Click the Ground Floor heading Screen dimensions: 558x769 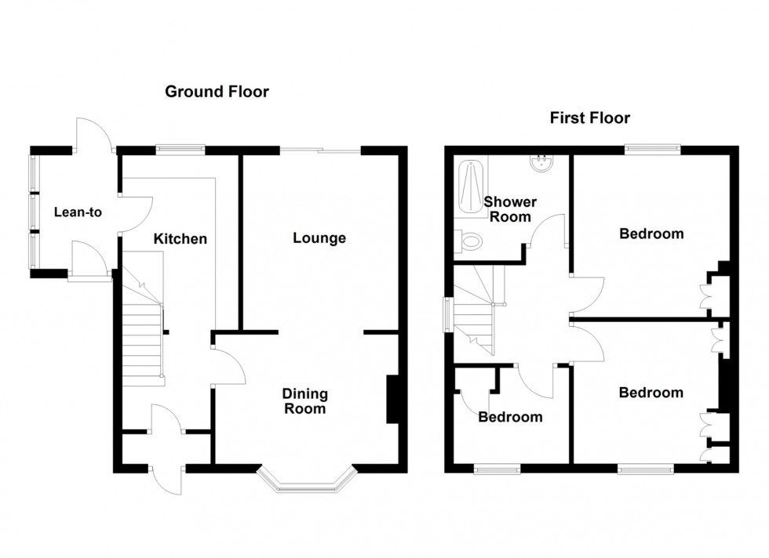pyautogui.click(x=217, y=92)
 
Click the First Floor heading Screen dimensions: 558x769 pyautogui.click(x=589, y=118)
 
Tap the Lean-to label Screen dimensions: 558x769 pyautogui.click(x=78, y=212)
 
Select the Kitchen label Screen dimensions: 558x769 pyautogui.click(x=180, y=238)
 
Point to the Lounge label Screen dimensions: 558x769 pyautogui.click(x=319, y=237)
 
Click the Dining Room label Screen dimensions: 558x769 pyautogui.click(x=305, y=401)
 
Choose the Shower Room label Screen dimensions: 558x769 pyautogui.click(x=509, y=209)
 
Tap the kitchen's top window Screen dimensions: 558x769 pyautogui.click(x=180, y=147)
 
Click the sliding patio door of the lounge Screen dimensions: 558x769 pyautogui.click(x=322, y=149)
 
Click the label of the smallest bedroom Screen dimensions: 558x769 pyautogui.click(x=510, y=417)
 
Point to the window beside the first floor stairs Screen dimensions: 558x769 pyautogui.click(x=447, y=315)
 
